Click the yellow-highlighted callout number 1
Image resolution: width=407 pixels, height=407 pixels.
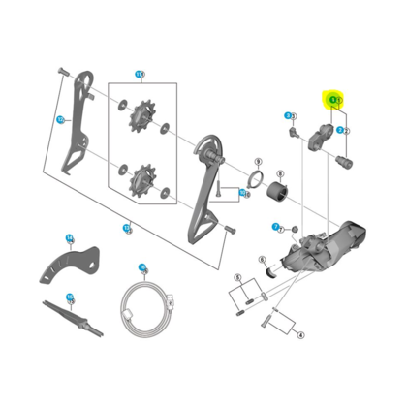pos(334,99)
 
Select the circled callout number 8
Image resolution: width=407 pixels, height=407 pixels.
pos(242,193)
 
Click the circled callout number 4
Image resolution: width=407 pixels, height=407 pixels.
pos(300,334)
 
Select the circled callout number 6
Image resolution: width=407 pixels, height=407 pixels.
pos(261,259)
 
